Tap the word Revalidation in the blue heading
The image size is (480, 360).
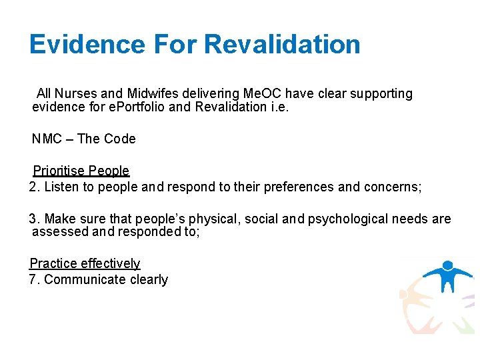[282, 45]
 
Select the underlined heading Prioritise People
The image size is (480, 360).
[81, 171]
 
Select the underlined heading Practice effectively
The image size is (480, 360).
[85, 264]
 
